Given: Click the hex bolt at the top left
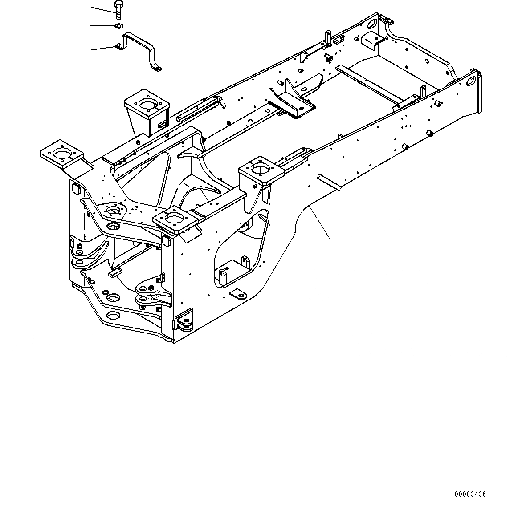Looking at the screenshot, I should pyautogui.click(x=118, y=9).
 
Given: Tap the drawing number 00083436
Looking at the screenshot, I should pyautogui.click(x=470, y=494).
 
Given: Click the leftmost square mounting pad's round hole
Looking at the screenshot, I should pyautogui.click(x=61, y=154).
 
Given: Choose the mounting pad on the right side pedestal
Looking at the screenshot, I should pyautogui.click(x=261, y=169).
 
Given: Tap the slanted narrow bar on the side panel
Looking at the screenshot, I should pyautogui.click(x=328, y=182).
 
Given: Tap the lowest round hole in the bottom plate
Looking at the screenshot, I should pyautogui.click(x=113, y=317).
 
